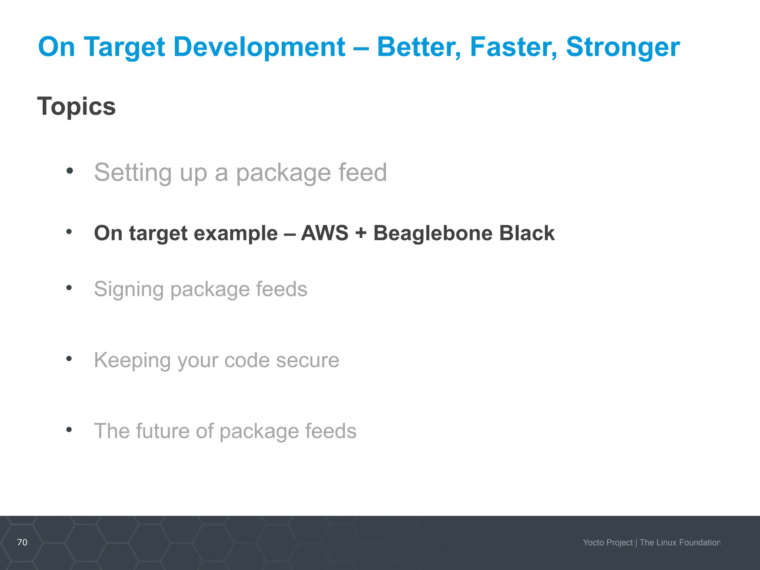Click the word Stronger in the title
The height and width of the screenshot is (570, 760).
point(623,47)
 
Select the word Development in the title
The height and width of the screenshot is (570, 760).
point(259,47)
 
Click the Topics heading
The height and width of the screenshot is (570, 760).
point(76,107)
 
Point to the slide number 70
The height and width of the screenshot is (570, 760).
point(22,542)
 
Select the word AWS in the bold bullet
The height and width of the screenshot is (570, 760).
point(325,233)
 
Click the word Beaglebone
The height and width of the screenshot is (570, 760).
point(432,234)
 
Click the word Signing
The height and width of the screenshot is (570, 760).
point(128,289)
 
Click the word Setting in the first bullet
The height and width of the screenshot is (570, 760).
point(133,173)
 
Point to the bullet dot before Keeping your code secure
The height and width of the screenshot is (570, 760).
point(69,358)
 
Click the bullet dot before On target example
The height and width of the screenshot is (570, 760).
point(69,232)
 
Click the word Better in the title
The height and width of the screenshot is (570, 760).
point(419,47)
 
